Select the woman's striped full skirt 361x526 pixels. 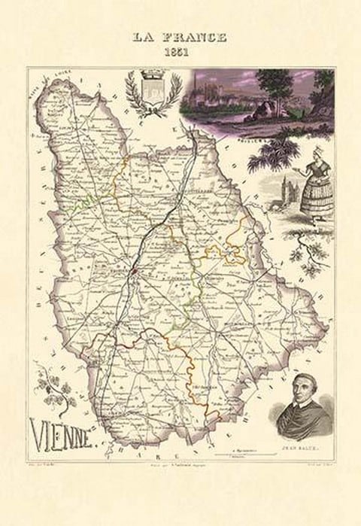coord(311,199)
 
